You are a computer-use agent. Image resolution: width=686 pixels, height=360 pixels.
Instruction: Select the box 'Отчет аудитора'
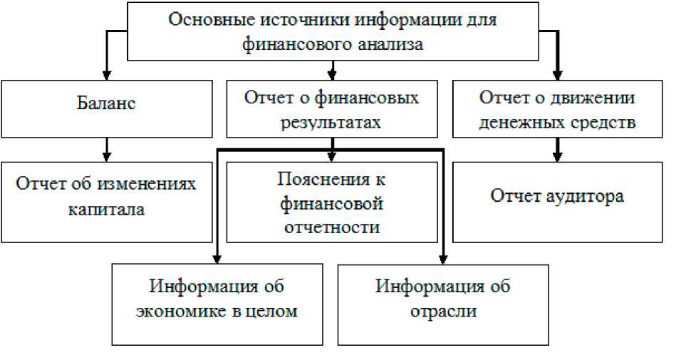click(x=557, y=202)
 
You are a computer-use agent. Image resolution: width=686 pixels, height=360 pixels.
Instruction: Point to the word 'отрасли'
click(x=443, y=312)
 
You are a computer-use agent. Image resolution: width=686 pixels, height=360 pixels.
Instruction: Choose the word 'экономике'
click(x=190, y=312)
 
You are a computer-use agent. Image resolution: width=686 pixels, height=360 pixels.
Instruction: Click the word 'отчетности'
click(x=331, y=227)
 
